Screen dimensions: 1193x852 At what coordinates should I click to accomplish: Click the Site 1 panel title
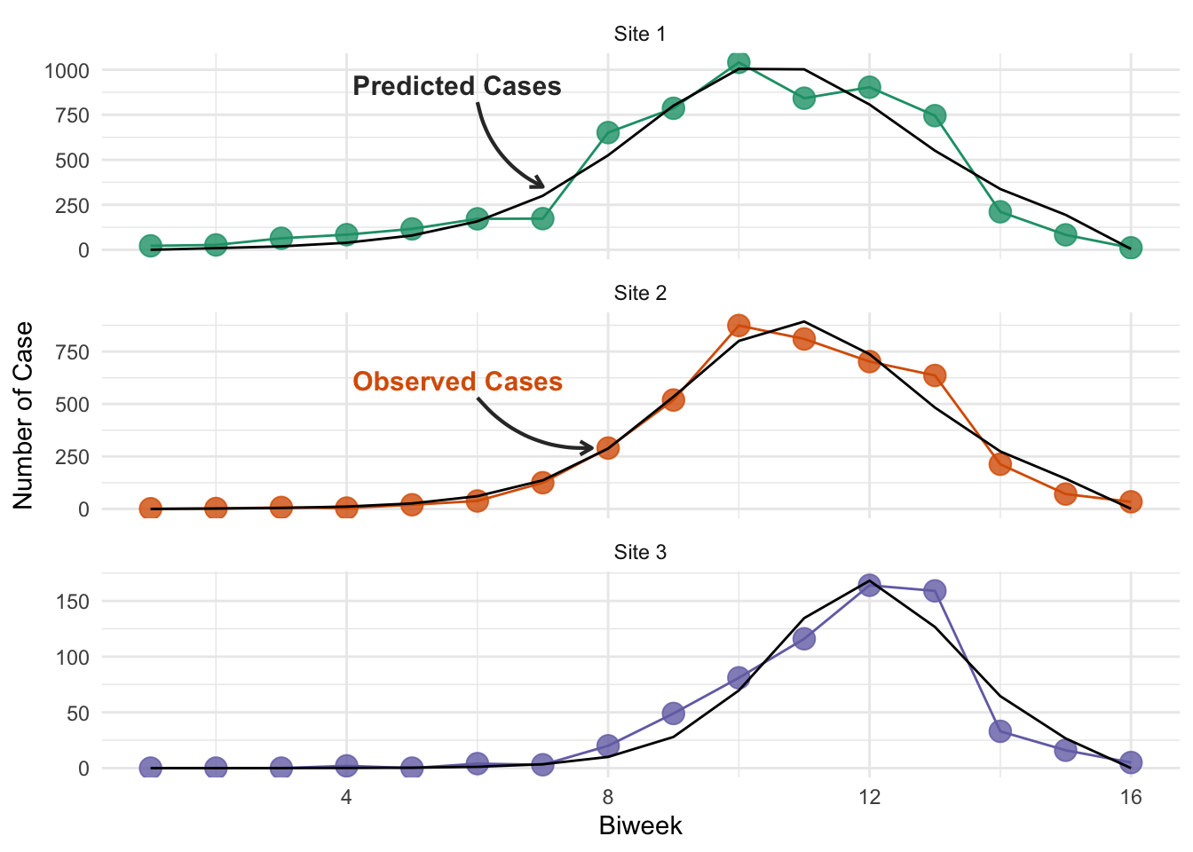640,34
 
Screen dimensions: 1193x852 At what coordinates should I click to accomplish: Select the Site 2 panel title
640,293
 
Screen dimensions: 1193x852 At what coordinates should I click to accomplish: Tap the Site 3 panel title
640,552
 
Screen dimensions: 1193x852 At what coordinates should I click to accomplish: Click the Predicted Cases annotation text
457,86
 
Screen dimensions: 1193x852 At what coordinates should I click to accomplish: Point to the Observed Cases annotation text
457,382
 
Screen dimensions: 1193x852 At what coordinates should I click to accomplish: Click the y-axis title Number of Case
23,415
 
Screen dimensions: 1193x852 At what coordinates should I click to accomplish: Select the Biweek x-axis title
640,826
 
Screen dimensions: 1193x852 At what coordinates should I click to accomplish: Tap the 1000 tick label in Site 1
67,71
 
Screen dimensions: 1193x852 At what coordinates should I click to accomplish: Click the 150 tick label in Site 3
73,602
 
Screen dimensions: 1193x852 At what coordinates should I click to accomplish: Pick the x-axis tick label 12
869,797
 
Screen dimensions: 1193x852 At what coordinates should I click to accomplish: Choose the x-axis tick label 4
346,797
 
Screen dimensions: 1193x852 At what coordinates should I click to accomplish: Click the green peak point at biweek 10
739,63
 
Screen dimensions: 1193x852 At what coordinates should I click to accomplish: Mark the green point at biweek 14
1000,212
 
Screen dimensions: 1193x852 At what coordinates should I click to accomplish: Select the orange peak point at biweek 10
739,326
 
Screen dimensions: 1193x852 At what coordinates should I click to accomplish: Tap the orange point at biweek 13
935,376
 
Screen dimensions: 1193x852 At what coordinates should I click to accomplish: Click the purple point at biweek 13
935,591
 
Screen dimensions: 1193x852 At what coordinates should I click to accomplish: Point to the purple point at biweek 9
673,713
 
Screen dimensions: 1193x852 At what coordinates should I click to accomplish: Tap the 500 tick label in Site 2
73,405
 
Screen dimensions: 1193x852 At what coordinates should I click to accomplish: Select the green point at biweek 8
608,132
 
